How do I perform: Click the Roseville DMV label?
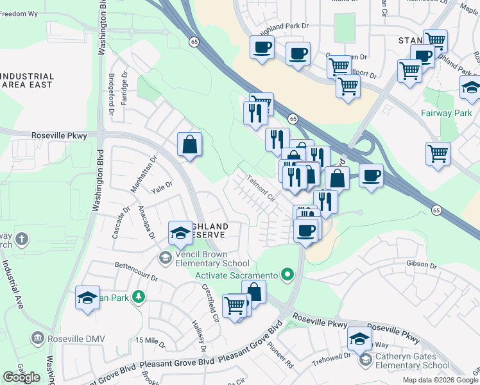[x=71, y=337]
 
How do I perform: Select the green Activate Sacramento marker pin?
[x=287, y=276]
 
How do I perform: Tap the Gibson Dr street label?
[x=421, y=265]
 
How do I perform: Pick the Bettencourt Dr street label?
[x=136, y=270]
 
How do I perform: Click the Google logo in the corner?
[x=21, y=377]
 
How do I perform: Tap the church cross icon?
[x=22, y=241]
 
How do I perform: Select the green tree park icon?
[x=137, y=296]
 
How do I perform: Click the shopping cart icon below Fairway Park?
[x=438, y=153]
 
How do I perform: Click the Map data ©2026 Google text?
[x=440, y=380]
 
